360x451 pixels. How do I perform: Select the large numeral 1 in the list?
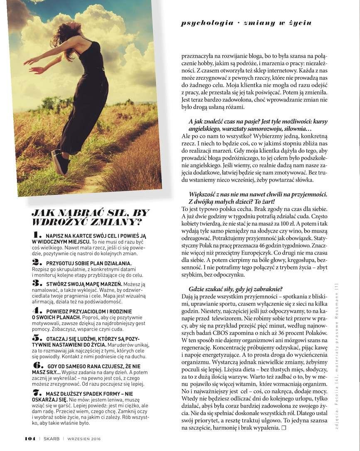38,235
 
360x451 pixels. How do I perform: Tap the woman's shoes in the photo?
60,162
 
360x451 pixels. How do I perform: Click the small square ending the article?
284,427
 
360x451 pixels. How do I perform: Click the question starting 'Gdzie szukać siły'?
236,289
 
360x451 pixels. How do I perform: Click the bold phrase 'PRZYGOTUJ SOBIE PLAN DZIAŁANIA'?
89,263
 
